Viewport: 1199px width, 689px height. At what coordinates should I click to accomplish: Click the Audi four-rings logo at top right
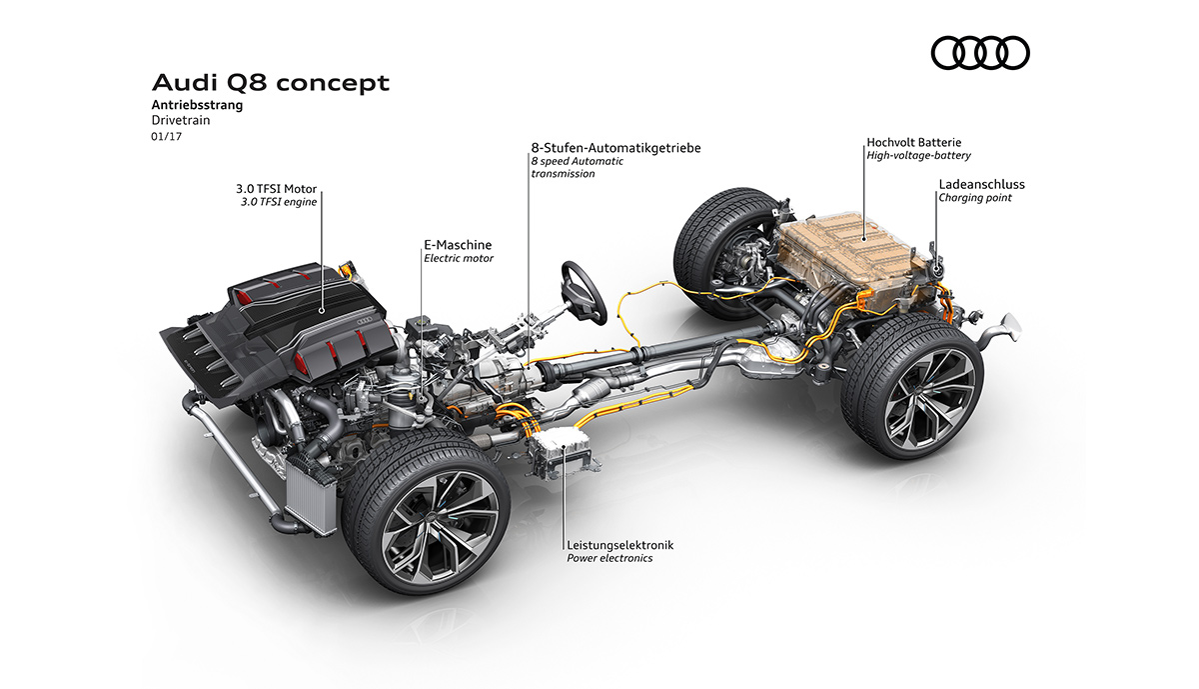coord(980,53)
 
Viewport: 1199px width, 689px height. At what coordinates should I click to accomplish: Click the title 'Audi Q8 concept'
coord(271,83)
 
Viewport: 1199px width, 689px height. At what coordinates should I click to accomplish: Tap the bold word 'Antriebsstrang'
coord(197,105)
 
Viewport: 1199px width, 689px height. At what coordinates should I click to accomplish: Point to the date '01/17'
coord(167,137)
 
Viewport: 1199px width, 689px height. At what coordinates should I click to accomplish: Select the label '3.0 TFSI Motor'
coord(276,189)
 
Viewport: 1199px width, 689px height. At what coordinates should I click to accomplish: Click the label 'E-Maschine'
coord(458,245)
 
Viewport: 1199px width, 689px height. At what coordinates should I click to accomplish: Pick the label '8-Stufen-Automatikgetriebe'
coord(615,148)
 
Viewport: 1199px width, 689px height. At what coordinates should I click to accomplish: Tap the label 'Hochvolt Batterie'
coord(913,143)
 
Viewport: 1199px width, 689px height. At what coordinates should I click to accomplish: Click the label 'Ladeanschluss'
coord(981,184)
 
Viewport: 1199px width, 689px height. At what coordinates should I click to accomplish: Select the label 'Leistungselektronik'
coord(619,545)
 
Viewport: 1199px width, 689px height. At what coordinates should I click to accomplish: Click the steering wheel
coord(584,292)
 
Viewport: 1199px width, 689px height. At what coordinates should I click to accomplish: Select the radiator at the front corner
coord(310,496)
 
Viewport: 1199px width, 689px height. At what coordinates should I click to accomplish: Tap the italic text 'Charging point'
coord(975,198)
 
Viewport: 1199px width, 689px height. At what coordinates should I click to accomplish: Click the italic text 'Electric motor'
coord(459,258)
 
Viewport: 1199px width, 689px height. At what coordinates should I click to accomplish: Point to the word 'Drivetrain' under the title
coord(181,121)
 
